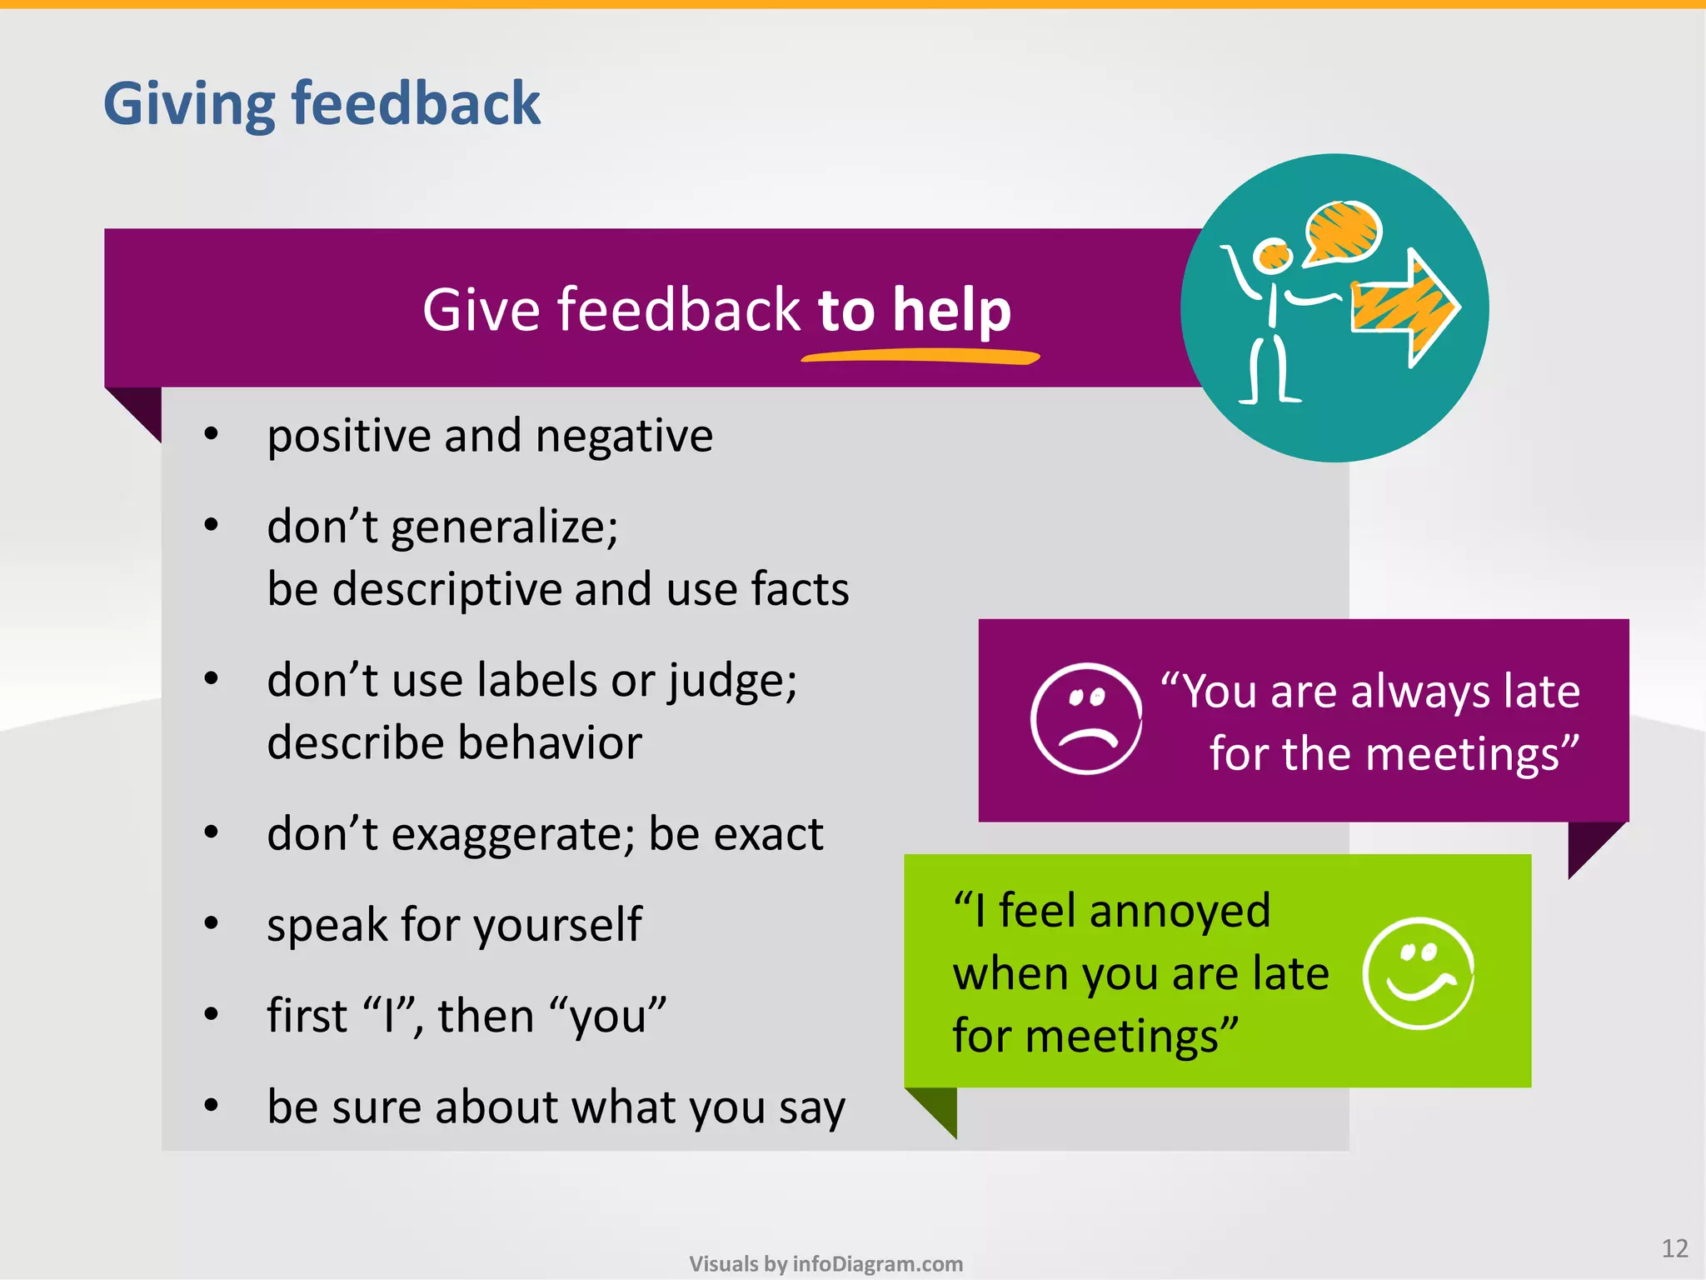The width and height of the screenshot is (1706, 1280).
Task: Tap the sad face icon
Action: pyautogui.click(x=1086, y=718)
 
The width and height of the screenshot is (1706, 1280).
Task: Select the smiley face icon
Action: pyautogui.click(x=1419, y=973)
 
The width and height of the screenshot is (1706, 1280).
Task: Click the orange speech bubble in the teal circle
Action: pyautogui.click(x=1343, y=232)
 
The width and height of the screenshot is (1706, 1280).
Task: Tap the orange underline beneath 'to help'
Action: pyautogui.click(x=920, y=357)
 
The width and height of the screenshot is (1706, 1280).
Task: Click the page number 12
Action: pyautogui.click(x=1674, y=1248)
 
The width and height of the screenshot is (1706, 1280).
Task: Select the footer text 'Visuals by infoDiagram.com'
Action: pyautogui.click(x=826, y=1263)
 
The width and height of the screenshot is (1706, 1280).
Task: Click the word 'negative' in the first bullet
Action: pyautogui.click(x=624, y=436)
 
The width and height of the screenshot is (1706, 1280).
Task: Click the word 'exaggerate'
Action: pyautogui.click(x=507, y=833)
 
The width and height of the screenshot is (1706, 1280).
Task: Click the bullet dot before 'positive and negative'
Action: pyautogui.click(x=212, y=434)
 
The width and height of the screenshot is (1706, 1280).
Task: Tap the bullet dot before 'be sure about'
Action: pyautogui.click(x=212, y=1106)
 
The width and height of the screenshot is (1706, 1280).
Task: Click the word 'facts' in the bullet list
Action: pyautogui.click(x=800, y=589)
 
